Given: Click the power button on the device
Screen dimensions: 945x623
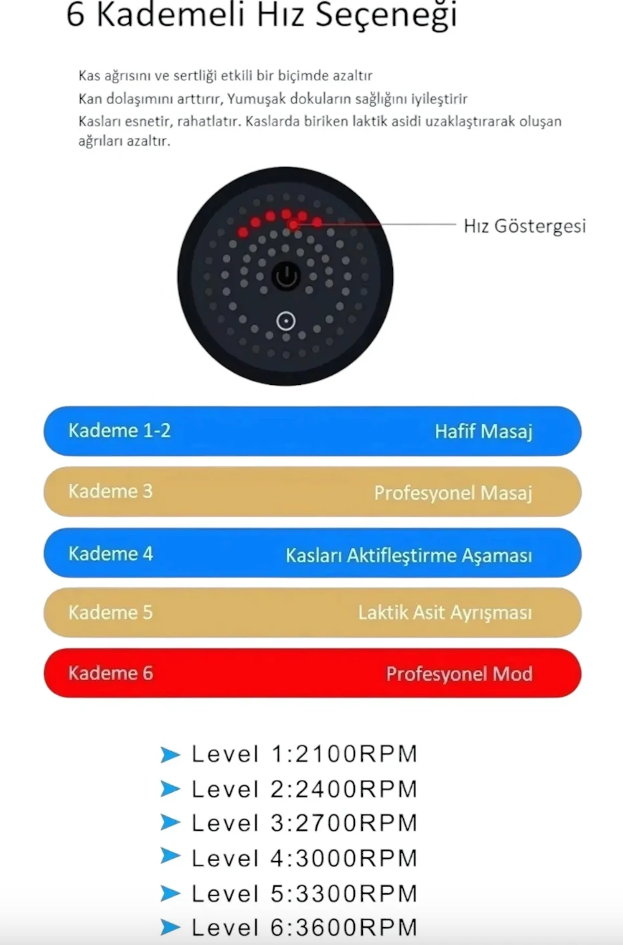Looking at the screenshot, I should tap(286, 275).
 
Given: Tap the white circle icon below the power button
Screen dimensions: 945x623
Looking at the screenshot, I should tap(286, 321).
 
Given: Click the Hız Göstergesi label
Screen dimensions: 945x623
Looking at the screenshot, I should tap(525, 226).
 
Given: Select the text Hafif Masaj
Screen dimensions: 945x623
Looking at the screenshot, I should tap(483, 431).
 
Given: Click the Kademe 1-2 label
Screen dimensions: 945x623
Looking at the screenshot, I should tap(120, 430).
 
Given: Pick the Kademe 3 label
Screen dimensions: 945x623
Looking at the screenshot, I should tap(111, 491).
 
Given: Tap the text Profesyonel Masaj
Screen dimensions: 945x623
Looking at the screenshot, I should tap(453, 493).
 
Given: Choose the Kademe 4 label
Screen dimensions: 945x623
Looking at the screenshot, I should tap(111, 553).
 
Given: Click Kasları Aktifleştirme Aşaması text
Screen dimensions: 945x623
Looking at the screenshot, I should tap(408, 555).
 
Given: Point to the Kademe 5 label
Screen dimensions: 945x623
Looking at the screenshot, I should tap(111, 612).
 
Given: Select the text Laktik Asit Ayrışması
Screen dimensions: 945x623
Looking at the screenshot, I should tap(445, 613).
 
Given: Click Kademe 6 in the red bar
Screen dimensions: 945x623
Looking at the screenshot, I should tap(111, 673).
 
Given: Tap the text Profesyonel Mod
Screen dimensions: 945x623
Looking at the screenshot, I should tap(459, 674).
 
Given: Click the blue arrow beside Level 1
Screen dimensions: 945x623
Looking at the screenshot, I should tap(170, 755).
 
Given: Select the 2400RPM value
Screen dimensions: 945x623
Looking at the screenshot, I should tap(356, 789).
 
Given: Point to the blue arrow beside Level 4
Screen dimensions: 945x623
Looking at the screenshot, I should tap(170, 855).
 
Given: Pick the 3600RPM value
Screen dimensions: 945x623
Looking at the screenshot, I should tap(356, 928).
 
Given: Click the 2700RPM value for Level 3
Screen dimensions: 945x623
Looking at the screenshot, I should tap(356, 823).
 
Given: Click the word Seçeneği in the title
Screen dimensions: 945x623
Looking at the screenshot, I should tap(386, 15).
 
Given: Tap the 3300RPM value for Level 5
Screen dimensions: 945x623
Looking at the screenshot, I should tap(356, 894).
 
